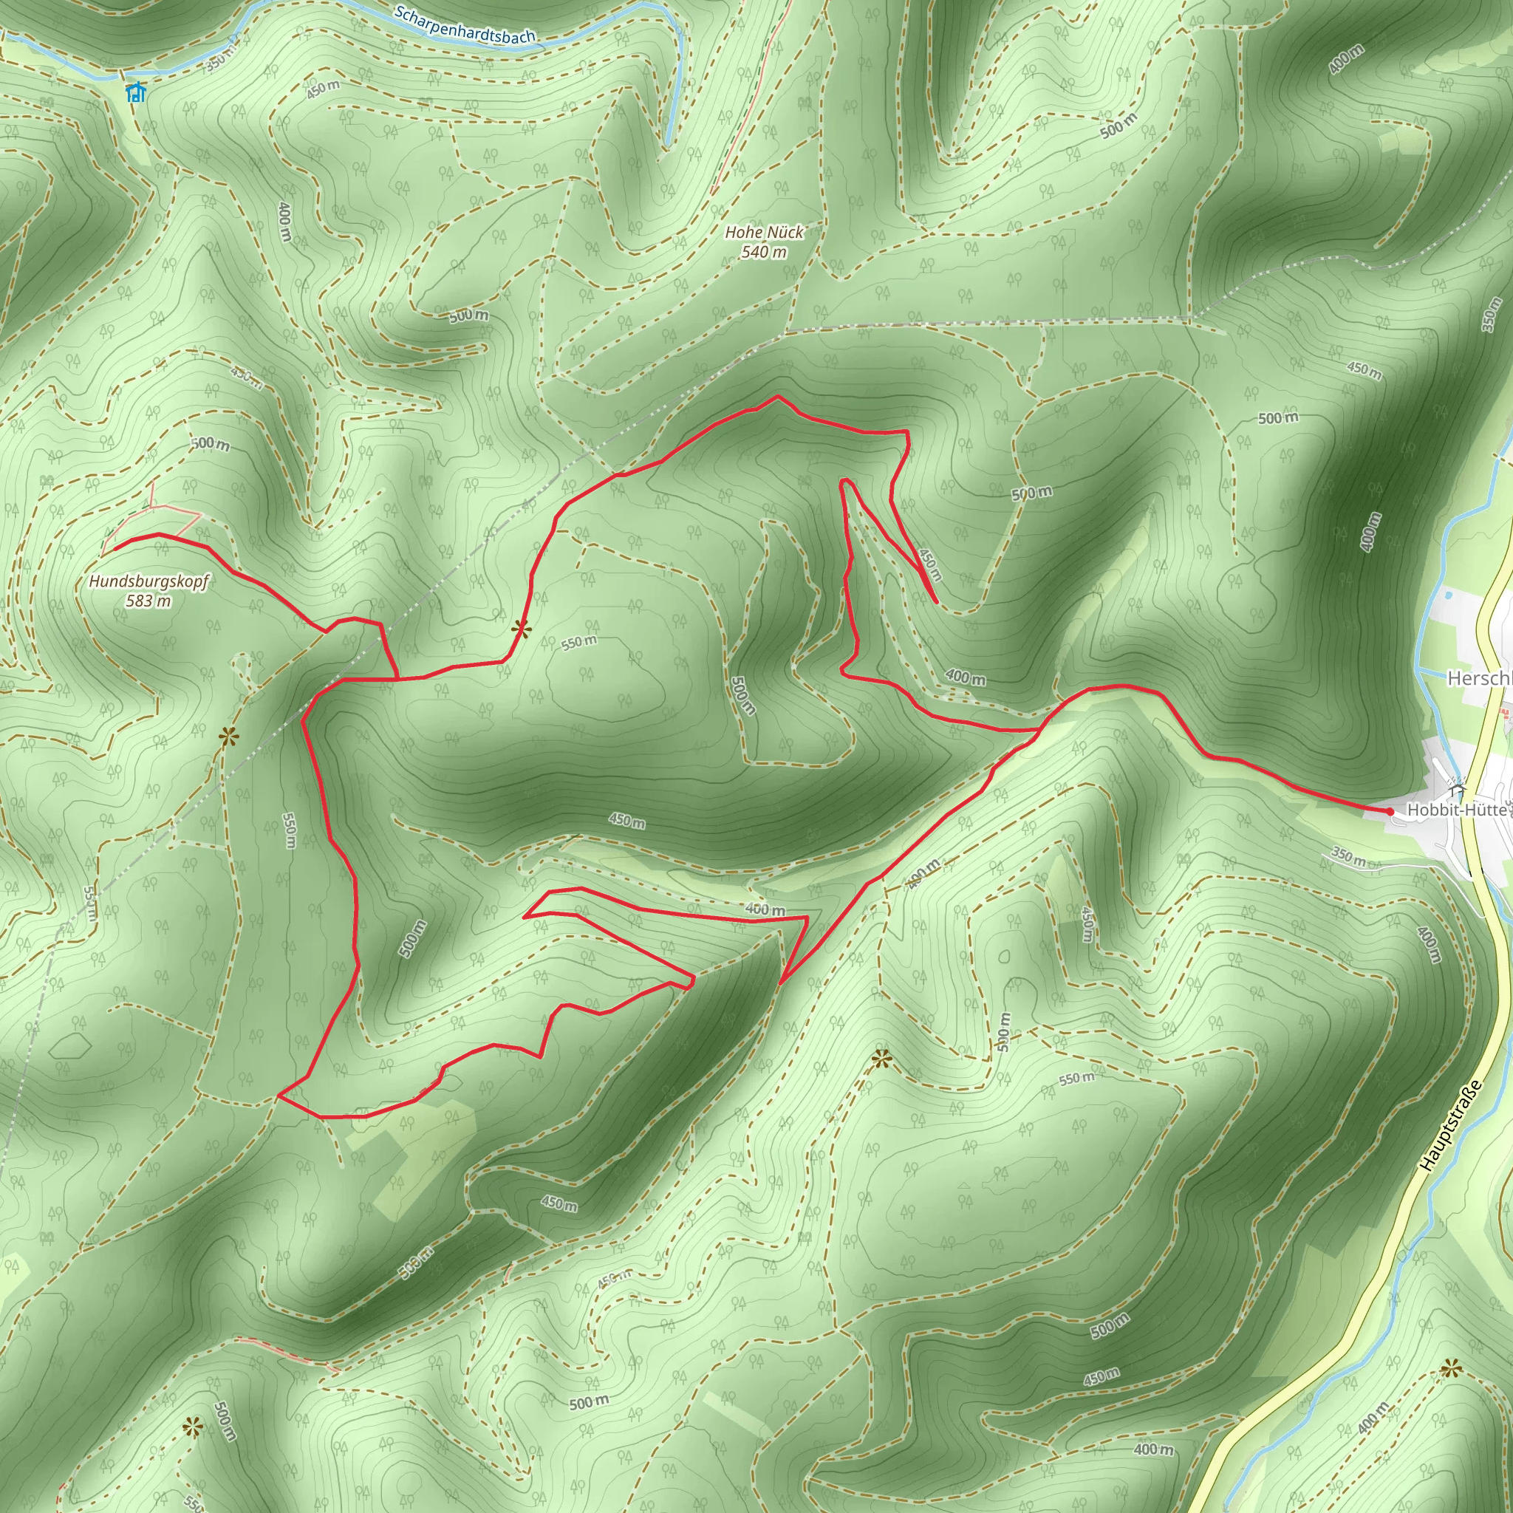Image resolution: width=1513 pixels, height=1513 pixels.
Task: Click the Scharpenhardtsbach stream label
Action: [465, 25]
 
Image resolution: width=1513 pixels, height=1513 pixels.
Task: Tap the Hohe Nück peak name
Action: [764, 233]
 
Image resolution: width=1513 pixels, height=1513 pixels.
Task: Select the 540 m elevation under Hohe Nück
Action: [764, 252]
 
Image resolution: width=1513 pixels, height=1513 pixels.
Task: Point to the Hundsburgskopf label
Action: [148, 582]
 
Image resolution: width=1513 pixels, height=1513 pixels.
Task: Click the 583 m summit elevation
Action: [148, 601]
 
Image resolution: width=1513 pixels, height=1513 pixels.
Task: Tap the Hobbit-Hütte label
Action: [1457, 810]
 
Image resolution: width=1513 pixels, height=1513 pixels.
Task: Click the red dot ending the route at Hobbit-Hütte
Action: [1390, 811]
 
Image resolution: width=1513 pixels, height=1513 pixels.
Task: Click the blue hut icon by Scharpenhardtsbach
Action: [136, 92]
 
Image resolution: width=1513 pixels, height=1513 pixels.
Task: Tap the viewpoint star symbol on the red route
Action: [521, 628]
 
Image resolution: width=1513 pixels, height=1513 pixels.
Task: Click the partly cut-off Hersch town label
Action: [1478, 678]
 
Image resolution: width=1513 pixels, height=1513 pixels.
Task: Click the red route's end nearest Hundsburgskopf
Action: [115, 549]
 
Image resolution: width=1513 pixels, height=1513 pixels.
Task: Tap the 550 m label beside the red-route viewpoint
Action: [578, 643]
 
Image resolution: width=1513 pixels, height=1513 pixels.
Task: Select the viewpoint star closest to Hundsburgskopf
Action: [228, 735]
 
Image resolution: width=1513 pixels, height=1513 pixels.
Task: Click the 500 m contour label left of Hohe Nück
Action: [468, 315]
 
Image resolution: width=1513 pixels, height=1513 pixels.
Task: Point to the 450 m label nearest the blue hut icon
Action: [323, 89]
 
